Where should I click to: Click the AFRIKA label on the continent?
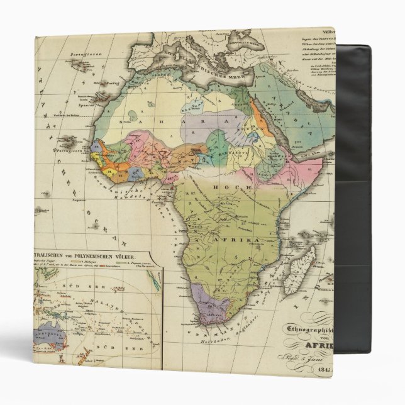pyautogui.click(x=254, y=241)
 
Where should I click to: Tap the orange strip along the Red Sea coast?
pyautogui.click(x=259, y=116)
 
